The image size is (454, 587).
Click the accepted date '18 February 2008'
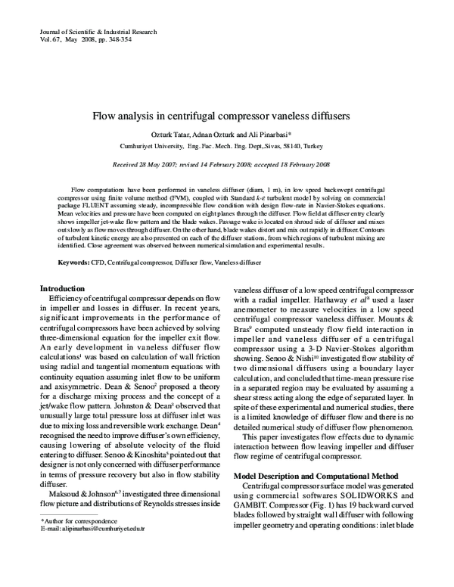(303, 164)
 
